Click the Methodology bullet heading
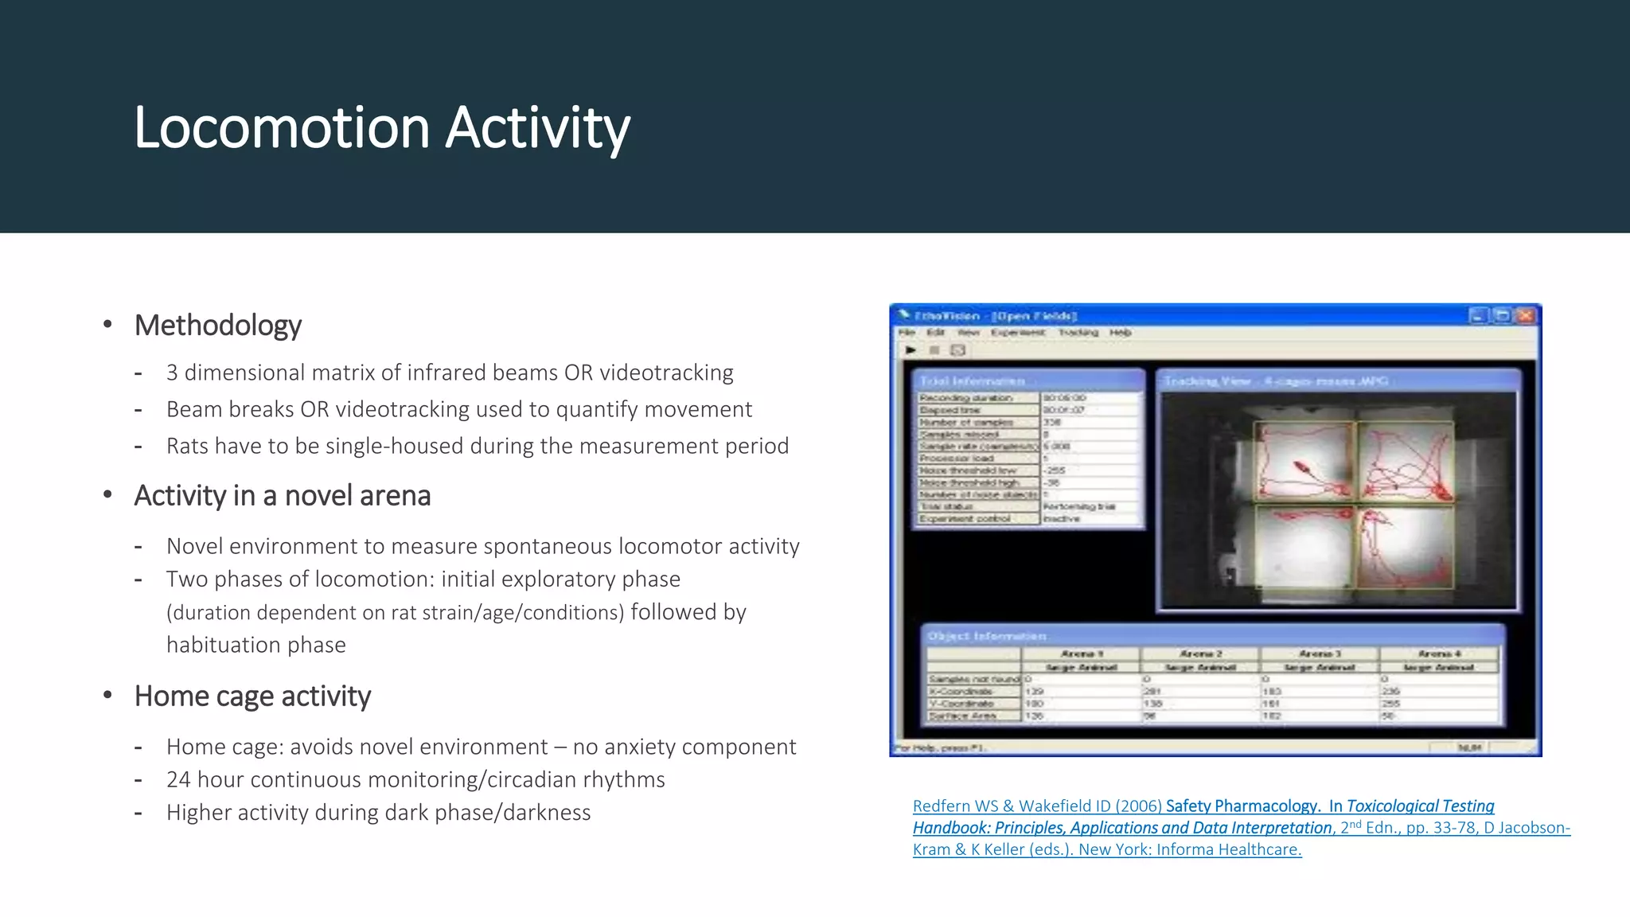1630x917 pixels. click(217, 326)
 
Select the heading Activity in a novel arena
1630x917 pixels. click(282, 496)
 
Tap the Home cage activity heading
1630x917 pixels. click(252, 697)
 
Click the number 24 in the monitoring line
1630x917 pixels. click(177, 780)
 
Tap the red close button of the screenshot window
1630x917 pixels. click(1525, 316)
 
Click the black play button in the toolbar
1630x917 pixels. click(911, 350)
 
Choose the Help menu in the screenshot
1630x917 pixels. click(1120, 333)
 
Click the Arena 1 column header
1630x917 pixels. click(1081, 654)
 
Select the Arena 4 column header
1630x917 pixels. click(1439, 654)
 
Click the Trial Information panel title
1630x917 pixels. click(972, 381)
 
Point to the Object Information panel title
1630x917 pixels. click(987, 636)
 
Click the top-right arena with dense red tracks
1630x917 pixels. click(1405, 462)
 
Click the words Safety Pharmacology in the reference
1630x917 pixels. click(1242, 806)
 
